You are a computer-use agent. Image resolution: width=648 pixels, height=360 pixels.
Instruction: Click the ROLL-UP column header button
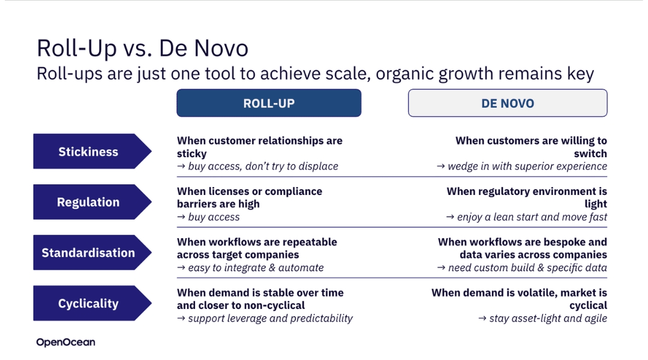269,103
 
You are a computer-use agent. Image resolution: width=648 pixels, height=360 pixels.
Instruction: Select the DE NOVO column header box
508,103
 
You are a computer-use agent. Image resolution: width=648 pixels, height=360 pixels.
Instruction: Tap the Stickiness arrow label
92,151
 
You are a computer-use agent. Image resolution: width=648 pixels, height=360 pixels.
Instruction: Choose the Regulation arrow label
92,202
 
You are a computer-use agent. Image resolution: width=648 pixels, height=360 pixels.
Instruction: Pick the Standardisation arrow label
92,253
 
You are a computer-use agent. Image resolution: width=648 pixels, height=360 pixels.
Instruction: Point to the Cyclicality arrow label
92,304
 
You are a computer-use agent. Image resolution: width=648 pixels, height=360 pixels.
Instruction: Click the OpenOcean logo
66,342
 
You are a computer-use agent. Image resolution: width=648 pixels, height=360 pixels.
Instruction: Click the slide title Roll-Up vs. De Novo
143,48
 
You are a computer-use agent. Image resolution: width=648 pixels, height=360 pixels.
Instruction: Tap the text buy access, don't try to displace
263,166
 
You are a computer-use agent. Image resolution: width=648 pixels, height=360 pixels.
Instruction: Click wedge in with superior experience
527,166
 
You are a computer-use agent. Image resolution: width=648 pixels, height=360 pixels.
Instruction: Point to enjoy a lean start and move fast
532,217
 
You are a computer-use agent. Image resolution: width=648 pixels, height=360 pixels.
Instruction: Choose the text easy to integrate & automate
256,268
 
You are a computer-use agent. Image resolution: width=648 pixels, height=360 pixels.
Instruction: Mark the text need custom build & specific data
527,268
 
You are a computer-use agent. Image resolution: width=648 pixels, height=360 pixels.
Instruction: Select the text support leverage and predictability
270,318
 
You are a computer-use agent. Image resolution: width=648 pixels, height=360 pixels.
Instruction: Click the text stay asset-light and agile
548,318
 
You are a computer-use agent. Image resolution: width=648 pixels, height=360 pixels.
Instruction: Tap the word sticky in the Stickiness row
192,154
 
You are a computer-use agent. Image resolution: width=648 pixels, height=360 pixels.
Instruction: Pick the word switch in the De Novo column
590,154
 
